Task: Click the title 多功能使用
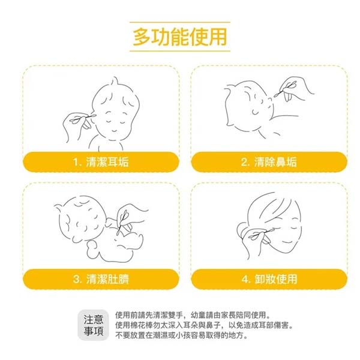[180, 37]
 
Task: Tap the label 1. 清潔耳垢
[101, 162]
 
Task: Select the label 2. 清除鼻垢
[269, 162]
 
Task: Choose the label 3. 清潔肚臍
[101, 279]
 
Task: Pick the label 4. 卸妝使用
[269, 279]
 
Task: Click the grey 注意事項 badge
[93, 325]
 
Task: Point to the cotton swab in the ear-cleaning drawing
[82, 118]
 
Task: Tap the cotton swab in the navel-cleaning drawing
[122, 222]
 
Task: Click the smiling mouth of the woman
[287, 241]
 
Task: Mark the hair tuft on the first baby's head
[115, 81]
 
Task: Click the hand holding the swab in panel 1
[76, 126]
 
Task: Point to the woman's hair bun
[242, 230]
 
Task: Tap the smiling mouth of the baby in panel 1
[114, 131]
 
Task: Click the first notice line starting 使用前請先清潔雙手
[193, 315]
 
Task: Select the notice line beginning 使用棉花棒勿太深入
[204, 325]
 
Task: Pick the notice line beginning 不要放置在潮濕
[182, 335]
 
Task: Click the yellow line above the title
[180, 22]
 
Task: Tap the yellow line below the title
[180, 51]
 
